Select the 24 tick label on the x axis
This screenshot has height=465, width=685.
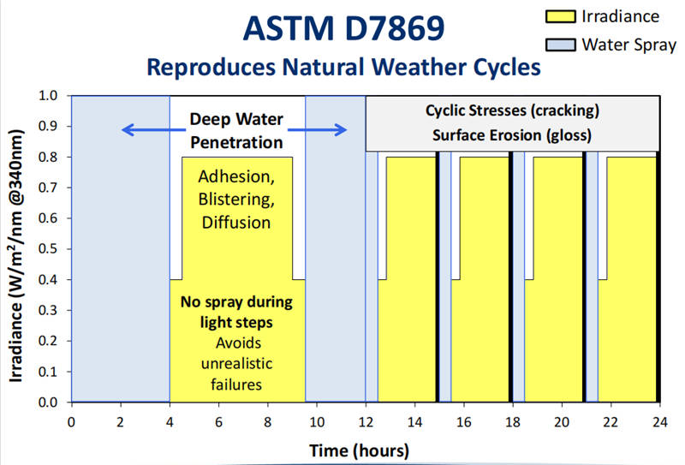(659, 421)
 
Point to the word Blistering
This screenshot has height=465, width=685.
(237, 200)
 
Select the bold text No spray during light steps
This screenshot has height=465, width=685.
(237, 313)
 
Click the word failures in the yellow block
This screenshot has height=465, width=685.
(237, 385)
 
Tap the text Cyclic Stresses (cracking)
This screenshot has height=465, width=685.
(512, 111)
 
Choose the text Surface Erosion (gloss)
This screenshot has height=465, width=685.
(512, 134)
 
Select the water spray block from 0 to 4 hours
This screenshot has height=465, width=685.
(120, 257)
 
